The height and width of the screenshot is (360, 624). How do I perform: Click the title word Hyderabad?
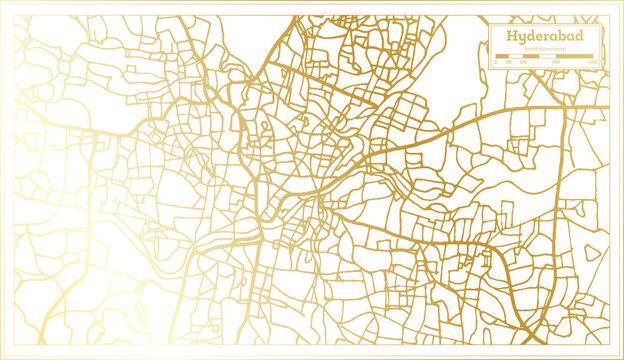coord(546,37)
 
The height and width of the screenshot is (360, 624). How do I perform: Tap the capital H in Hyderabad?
coord(512,37)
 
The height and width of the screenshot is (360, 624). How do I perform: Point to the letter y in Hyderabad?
coord(523,39)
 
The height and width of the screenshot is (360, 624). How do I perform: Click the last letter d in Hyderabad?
coord(581,37)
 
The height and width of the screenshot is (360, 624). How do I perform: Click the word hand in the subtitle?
coord(529,49)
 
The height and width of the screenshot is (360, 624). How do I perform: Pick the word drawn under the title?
coord(545,49)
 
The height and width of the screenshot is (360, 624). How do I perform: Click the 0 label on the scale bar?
coord(496,63)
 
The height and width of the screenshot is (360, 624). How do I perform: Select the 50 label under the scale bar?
coord(508,63)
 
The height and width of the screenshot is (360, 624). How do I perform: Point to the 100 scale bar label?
coord(521,63)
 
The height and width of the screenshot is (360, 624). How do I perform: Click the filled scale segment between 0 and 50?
coord(502,56)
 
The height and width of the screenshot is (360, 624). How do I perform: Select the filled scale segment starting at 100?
coord(530,56)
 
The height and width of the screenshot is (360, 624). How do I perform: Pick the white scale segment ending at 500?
coord(548,56)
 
